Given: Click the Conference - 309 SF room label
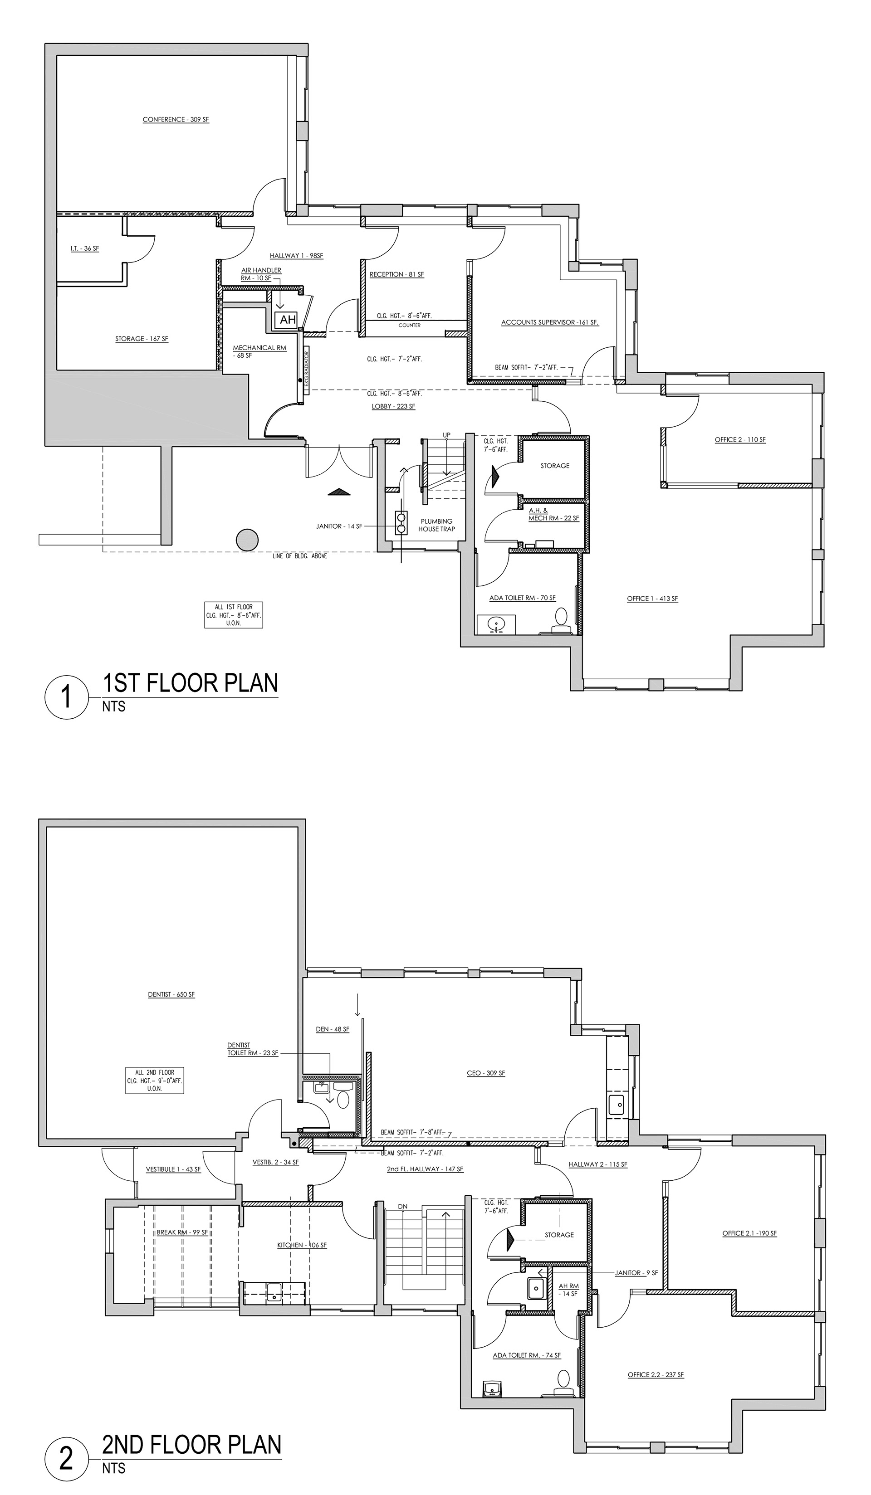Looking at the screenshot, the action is tap(176, 119).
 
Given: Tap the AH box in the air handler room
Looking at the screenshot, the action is tap(288, 320).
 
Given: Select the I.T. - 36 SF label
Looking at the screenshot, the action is tap(85, 248).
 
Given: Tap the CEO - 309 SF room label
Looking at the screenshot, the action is tap(485, 1073).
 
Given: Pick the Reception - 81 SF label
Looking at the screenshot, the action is tap(397, 275).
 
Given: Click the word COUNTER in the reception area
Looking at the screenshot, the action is tap(409, 325).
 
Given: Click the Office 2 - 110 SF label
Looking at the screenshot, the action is tap(740, 439).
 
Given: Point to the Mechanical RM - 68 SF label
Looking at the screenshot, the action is tap(259, 351).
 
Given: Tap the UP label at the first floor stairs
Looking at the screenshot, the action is tap(447, 435).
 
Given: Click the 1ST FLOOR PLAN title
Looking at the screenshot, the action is tap(191, 683).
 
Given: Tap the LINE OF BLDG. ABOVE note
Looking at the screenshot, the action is tap(299, 556).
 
